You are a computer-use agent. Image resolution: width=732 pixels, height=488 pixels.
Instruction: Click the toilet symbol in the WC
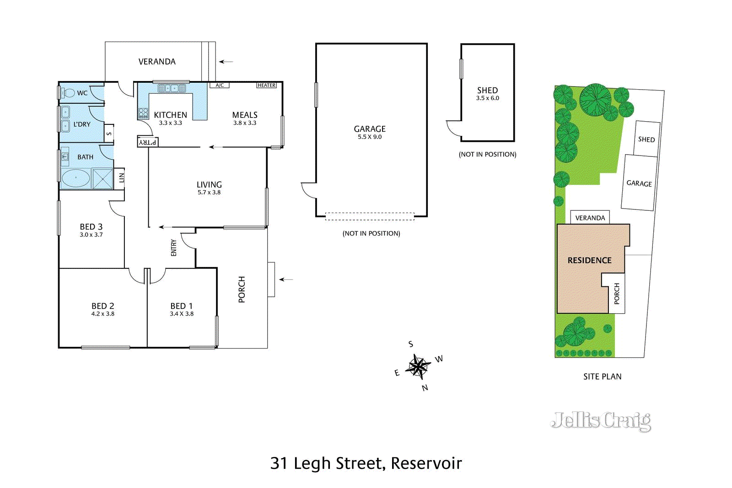(69, 93)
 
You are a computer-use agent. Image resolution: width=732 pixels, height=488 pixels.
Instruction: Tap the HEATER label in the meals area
(266, 86)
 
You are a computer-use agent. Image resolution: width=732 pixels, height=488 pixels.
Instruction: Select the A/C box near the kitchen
(220, 86)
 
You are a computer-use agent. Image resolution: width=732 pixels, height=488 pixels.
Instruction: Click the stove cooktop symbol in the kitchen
(143, 113)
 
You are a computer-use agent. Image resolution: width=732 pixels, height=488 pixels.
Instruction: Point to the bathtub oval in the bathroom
(75, 178)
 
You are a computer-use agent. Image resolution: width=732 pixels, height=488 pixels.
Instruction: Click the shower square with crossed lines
(102, 178)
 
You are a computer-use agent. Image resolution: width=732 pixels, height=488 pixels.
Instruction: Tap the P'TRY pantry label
(148, 142)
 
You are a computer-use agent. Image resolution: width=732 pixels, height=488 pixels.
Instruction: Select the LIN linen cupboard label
(121, 178)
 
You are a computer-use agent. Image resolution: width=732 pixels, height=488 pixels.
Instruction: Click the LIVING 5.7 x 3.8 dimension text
(209, 193)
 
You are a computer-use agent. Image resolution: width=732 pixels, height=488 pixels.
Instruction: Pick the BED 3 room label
(91, 227)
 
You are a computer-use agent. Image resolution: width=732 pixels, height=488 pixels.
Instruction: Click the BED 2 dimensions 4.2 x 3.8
(103, 314)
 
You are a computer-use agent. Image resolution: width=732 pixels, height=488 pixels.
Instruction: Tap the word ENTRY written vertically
(174, 247)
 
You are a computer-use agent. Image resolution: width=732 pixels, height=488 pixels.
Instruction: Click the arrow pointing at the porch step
(286, 279)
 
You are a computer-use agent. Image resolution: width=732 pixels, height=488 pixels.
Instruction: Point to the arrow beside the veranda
(226, 62)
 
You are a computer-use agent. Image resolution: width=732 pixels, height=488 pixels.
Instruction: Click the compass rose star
(418, 366)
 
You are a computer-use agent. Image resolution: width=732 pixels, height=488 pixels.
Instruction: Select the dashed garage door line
(370, 216)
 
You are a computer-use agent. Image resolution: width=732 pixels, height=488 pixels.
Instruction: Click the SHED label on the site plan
(646, 139)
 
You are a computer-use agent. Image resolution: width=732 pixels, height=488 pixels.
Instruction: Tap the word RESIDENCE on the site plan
(589, 260)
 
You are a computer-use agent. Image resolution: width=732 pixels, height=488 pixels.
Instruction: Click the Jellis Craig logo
(601, 421)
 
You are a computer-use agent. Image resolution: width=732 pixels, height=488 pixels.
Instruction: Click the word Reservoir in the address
(426, 463)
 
